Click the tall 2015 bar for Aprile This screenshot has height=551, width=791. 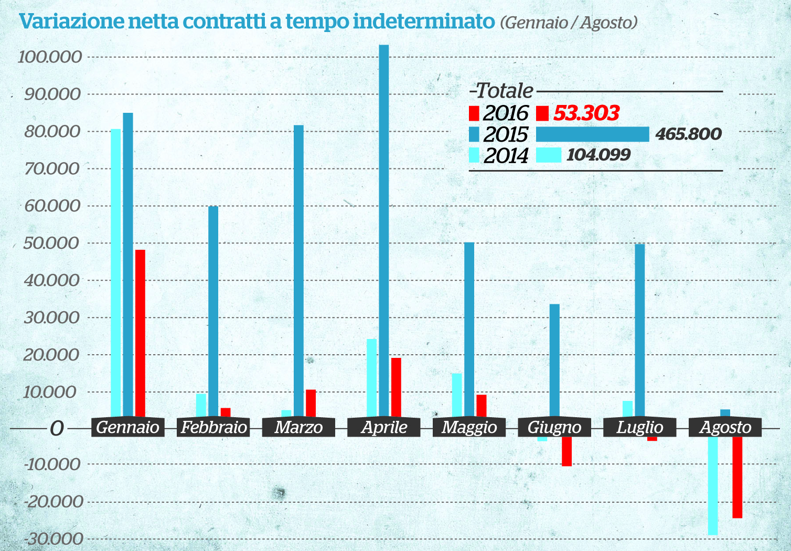click(384, 231)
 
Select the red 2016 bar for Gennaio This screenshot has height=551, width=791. click(140, 333)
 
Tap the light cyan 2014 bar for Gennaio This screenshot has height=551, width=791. click(115, 273)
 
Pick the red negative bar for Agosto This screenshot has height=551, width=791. click(737, 478)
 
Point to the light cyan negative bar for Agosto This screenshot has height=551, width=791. click(712, 486)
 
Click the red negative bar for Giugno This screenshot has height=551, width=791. click(566, 451)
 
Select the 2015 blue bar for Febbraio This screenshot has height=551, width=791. click(213, 312)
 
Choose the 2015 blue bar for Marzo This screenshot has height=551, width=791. click(298, 271)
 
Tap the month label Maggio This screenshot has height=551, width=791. click(469, 427)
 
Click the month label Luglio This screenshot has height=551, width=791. click(639, 427)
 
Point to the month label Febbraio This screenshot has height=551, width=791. click(213, 427)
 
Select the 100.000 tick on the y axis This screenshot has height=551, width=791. click(50, 57)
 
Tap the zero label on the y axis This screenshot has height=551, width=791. click(57, 428)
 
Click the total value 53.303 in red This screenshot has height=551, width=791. click(586, 113)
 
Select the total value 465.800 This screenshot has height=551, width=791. click(688, 134)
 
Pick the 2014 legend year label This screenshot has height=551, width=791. click(506, 156)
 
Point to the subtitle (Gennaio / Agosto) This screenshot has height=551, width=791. click(569, 23)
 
